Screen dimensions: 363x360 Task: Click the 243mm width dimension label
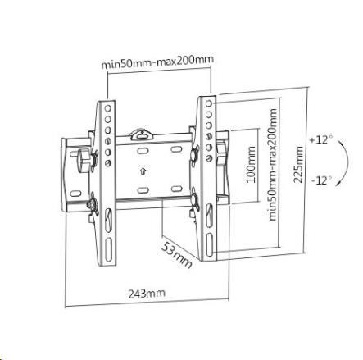147,294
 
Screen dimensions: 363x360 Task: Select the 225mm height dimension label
298,164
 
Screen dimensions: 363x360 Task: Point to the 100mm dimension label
251,164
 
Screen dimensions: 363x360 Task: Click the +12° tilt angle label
321,139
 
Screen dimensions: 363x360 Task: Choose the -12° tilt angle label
322,180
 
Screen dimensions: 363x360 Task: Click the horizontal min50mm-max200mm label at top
157,62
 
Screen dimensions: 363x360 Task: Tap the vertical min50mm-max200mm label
273,165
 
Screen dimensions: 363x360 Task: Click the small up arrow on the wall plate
143,171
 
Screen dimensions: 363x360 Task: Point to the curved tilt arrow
347,163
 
